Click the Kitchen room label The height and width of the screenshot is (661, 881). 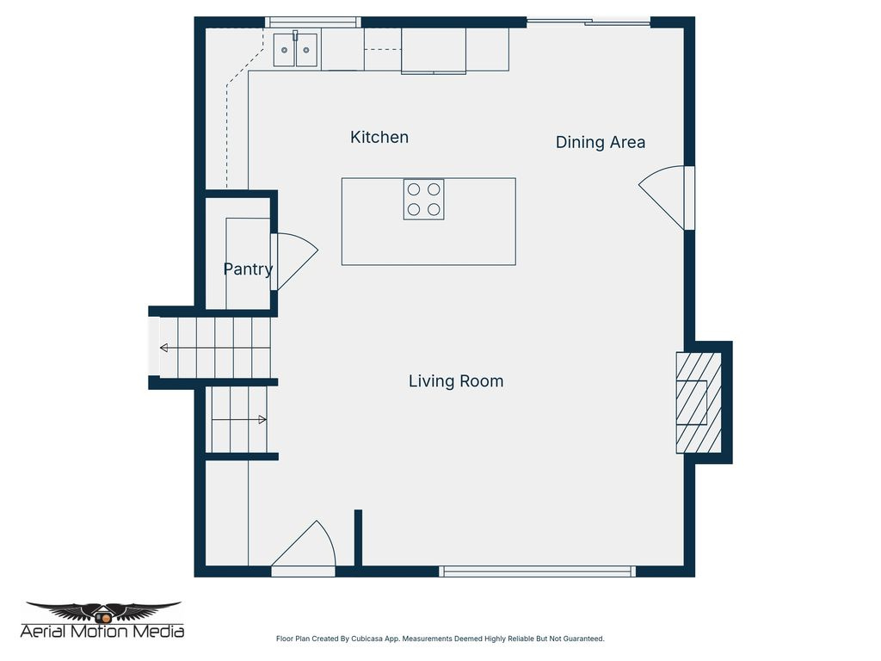point(379,137)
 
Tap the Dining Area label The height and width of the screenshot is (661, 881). point(600,142)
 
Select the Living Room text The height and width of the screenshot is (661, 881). point(456,380)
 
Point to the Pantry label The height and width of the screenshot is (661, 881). point(248,269)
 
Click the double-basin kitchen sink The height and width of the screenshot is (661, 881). point(295,50)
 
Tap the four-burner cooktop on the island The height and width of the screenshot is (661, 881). point(424,199)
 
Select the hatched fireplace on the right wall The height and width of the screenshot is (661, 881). point(698,402)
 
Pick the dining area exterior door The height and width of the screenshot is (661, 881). point(667,198)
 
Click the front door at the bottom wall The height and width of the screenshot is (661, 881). point(303,548)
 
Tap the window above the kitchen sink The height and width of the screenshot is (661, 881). point(312,22)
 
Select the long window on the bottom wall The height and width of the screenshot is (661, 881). point(538,571)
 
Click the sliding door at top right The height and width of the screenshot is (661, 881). point(588,22)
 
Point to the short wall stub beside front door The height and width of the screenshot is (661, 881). point(358,538)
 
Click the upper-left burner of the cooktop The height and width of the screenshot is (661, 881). point(414,189)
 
